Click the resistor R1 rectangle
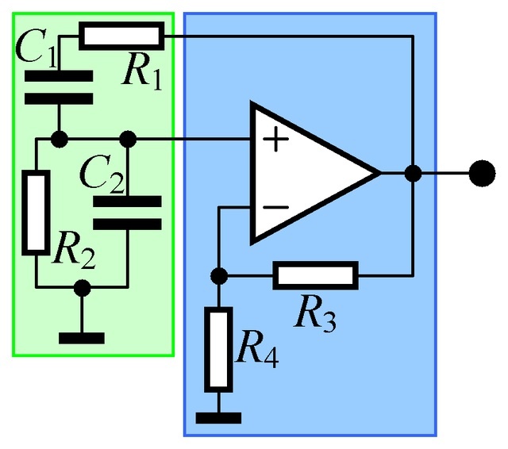[121, 36]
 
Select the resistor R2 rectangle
[36, 213]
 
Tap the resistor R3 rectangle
[315, 275]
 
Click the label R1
[142, 72]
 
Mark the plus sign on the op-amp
[275, 140]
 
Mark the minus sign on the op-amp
[275, 207]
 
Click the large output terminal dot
[479, 172]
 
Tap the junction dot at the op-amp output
[413, 172]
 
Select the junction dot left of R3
[218, 275]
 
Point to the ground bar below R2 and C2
[81, 336]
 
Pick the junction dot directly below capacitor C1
[58, 140]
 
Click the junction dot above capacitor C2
[127, 140]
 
